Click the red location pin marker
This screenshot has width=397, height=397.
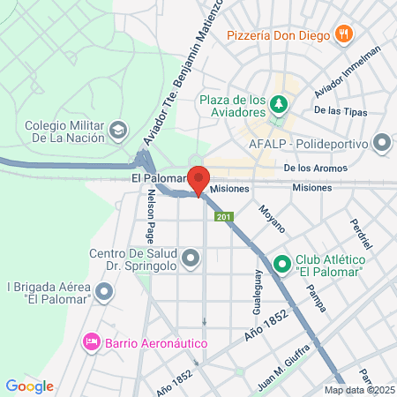pyautogui.click(x=199, y=178)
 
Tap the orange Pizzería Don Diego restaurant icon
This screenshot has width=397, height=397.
pyautogui.click(x=344, y=34)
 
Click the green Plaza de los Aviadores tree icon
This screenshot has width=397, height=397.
pyautogui.click(x=279, y=104)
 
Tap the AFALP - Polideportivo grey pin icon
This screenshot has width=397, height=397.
pyautogui.click(x=382, y=141)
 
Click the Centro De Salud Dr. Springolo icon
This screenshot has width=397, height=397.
pyautogui.click(x=191, y=258)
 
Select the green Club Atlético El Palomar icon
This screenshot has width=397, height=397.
pyautogui.click(x=282, y=263)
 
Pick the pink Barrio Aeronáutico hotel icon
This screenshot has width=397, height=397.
pyautogui.click(x=91, y=341)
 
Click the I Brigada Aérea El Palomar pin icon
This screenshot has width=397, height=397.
pyautogui.click(x=105, y=290)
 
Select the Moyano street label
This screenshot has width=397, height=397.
pyautogui.click(x=271, y=218)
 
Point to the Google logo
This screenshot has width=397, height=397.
pyautogui.click(x=29, y=386)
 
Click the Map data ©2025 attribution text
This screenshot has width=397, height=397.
pyautogui.click(x=360, y=390)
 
